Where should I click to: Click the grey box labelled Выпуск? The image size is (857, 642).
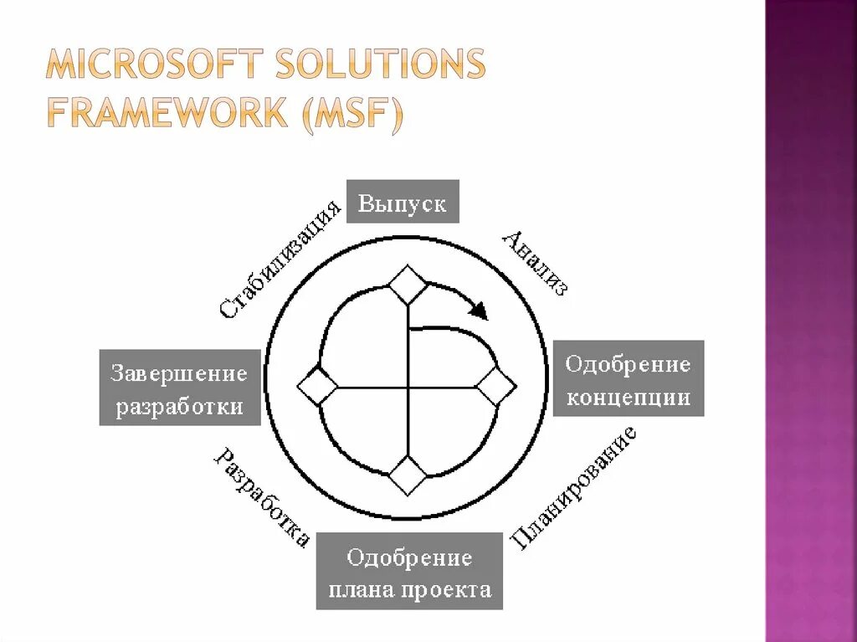point(403,202)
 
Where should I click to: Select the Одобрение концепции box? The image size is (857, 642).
point(628,378)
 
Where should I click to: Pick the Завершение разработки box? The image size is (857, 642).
point(179,388)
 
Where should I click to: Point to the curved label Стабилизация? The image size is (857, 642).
point(282,259)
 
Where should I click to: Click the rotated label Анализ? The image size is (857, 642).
point(536,263)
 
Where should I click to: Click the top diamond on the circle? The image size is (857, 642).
point(409,285)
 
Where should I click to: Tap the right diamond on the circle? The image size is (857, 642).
point(497,388)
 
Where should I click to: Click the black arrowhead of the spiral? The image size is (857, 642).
point(479,311)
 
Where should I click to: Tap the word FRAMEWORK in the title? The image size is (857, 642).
point(166,111)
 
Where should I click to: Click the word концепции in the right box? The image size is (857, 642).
point(629,396)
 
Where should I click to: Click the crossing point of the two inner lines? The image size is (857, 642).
point(409,388)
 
